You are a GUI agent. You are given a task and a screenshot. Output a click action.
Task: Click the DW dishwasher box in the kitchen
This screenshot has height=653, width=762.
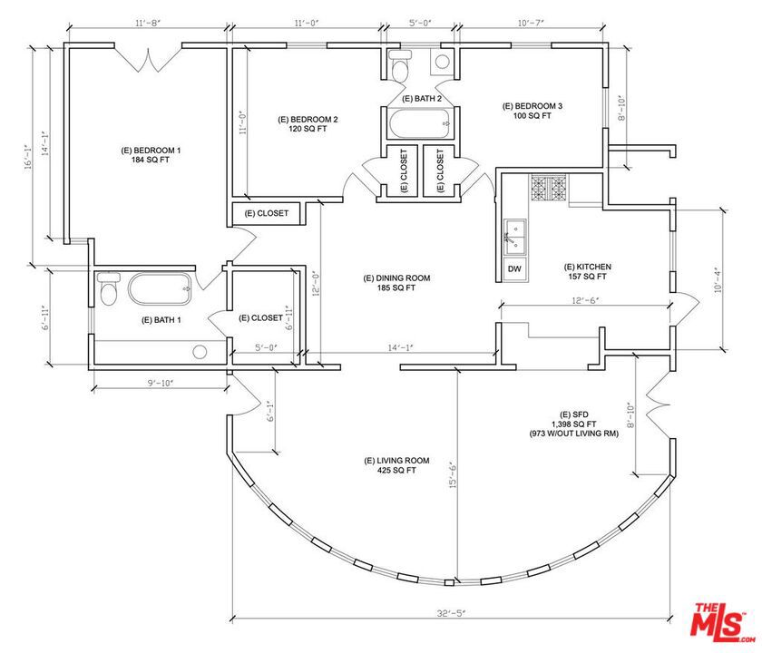pyautogui.click(x=514, y=268)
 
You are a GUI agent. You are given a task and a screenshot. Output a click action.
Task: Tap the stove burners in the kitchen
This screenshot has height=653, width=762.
pyautogui.click(x=549, y=188)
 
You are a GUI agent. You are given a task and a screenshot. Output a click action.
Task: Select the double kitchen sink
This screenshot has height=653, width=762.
pyautogui.click(x=515, y=237)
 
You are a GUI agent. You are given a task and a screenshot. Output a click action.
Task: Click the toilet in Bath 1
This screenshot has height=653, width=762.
pyautogui.click(x=108, y=288)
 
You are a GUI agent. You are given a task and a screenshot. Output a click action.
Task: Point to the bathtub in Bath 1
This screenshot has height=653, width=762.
pyautogui.click(x=161, y=289)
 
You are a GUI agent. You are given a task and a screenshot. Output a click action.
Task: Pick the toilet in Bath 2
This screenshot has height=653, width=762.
pyautogui.click(x=401, y=65)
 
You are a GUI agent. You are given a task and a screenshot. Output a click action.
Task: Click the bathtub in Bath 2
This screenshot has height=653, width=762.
pyautogui.click(x=420, y=123)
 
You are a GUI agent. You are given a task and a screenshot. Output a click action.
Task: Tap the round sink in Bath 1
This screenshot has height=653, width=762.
pyautogui.click(x=200, y=351)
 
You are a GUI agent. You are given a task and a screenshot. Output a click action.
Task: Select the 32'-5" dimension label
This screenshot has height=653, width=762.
pyautogui.click(x=451, y=613)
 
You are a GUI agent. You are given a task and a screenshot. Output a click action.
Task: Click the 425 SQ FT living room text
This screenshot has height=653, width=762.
pyautogui.click(x=396, y=471)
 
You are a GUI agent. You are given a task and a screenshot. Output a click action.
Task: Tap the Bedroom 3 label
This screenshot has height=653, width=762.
pyautogui.click(x=532, y=106)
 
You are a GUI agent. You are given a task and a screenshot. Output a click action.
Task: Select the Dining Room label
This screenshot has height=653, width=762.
pyautogui.click(x=396, y=278)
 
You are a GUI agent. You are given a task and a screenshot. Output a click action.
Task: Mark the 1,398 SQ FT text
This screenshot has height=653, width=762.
pyautogui.click(x=573, y=424)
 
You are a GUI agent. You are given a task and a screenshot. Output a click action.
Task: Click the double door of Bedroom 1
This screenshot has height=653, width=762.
pyautogui.click(x=148, y=58)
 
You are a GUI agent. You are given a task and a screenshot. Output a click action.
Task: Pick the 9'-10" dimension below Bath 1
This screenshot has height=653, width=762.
pyautogui.click(x=161, y=383)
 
